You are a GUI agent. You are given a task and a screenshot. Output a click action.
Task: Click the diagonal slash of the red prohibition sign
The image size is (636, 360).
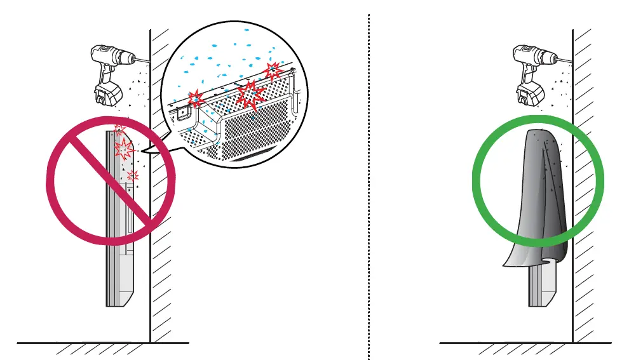click(111, 181)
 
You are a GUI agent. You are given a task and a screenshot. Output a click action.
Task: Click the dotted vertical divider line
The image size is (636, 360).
click(369, 190)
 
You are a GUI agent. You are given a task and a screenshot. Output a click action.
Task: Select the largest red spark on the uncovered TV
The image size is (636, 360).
click(123, 150)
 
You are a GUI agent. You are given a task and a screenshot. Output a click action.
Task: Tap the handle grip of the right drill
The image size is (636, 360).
click(525, 73)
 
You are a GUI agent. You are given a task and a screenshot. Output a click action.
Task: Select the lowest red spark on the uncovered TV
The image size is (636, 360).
click(132, 176)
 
